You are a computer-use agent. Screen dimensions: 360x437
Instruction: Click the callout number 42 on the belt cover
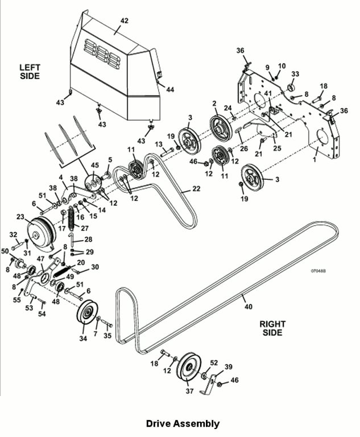[x=125, y=20]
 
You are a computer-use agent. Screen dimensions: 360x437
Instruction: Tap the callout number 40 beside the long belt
[x=249, y=307]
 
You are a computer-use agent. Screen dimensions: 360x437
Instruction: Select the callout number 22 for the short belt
[x=196, y=189]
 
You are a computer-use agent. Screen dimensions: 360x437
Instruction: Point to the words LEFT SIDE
[x=30, y=72]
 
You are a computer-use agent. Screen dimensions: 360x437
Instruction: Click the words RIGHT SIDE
[x=272, y=328]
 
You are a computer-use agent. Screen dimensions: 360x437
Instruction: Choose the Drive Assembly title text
[x=183, y=423]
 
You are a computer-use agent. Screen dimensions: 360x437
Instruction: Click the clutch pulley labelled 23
[x=42, y=233]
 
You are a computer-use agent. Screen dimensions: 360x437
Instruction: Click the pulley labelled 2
[x=221, y=130]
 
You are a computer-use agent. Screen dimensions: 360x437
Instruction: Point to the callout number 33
[x=295, y=74]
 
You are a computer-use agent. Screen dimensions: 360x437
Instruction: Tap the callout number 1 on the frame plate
[x=315, y=160]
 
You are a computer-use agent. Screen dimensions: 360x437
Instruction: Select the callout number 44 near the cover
[x=170, y=89]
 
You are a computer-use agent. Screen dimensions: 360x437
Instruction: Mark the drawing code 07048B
[x=318, y=271]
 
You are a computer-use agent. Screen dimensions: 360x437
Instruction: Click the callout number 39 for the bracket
[x=228, y=367]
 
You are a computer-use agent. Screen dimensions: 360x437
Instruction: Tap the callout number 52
[x=214, y=362]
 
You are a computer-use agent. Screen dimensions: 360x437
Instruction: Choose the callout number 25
[x=277, y=148]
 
